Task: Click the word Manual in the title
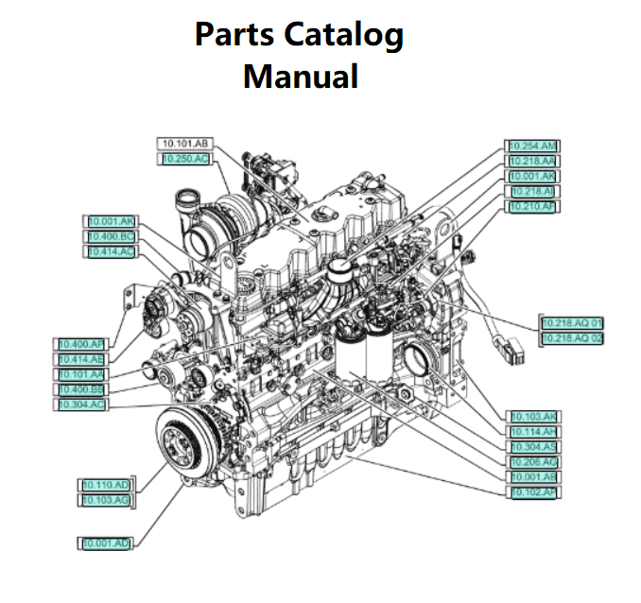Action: click(x=300, y=75)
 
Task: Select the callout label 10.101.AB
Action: click(x=185, y=144)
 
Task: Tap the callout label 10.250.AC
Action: click(x=185, y=159)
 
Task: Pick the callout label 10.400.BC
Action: click(x=111, y=235)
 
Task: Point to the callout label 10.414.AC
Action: click(x=111, y=251)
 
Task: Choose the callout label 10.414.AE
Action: click(x=82, y=359)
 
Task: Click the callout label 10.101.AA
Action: click(x=82, y=374)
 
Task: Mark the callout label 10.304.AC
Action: click(x=82, y=405)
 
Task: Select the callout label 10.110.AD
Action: click(x=105, y=485)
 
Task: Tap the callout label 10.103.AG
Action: click(x=105, y=499)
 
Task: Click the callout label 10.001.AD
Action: click(x=105, y=543)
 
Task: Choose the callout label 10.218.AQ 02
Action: click(x=571, y=338)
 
